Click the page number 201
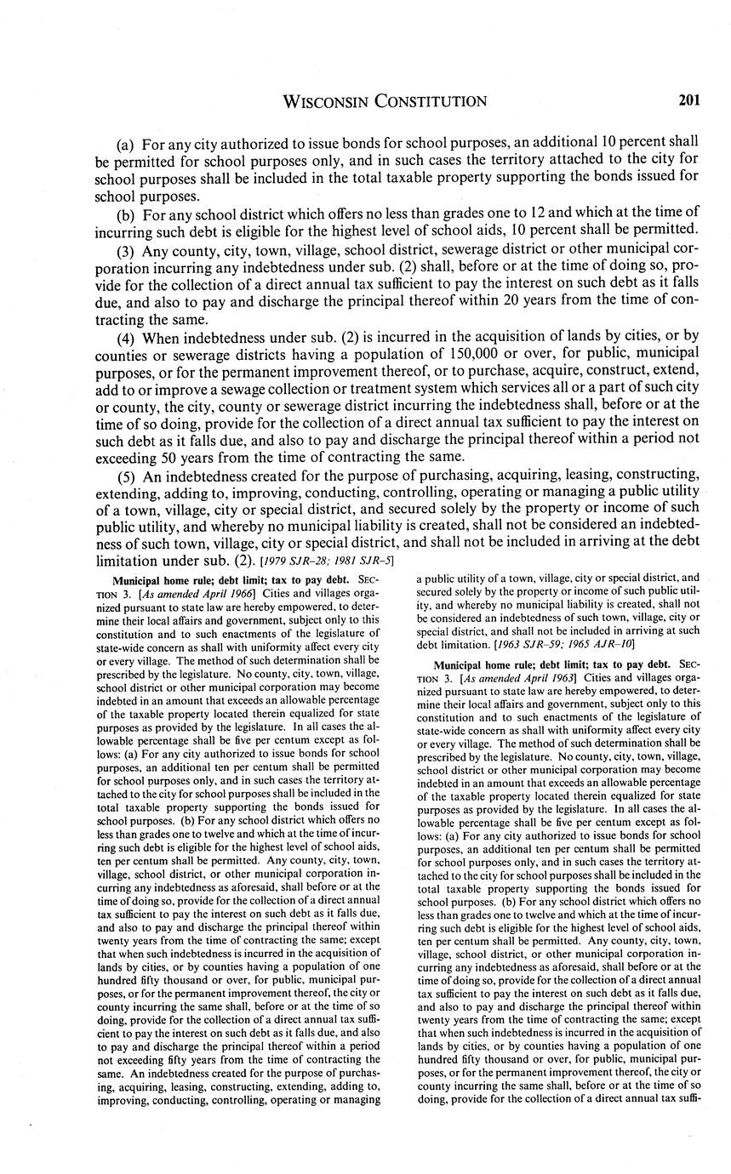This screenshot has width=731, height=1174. point(688,101)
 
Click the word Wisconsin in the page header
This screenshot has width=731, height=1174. point(328,102)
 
